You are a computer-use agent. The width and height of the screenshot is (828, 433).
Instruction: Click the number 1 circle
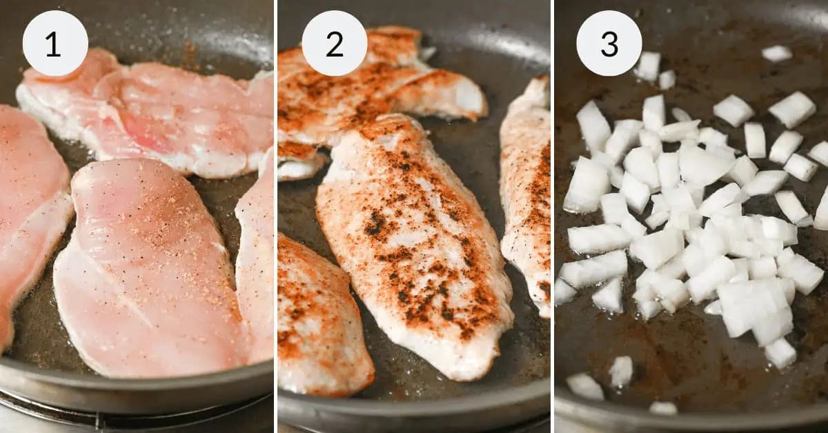pyautogui.click(x=55, y=43)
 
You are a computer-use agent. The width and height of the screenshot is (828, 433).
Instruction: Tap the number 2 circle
pyautogui.click(x=335, y=43)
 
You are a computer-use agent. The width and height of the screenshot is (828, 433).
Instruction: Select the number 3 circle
pyautogui.click(x=609, y=43)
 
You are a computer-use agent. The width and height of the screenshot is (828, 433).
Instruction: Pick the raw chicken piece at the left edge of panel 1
pyautogui.click(x=28, y=207)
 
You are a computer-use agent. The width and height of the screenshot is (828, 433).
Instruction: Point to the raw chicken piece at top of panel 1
pyautogui.click(x=159, y=110)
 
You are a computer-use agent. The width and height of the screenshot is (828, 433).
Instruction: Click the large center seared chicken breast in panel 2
pyautogui.click(x=414, y=248)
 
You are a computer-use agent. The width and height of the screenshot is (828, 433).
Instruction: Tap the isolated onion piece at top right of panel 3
pyautogui.click(x=777, y=53)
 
